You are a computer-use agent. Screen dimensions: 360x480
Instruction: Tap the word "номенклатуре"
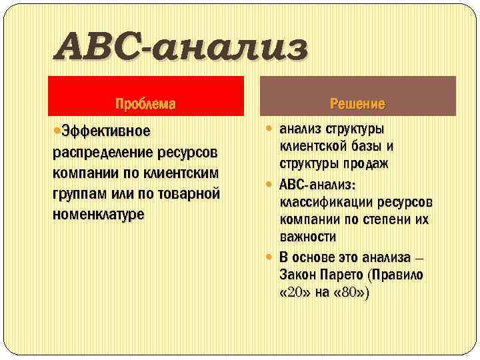coord(97,216)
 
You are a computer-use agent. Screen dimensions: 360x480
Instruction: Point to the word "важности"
coord(307,237)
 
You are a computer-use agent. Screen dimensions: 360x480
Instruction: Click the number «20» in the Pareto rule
coord(294,293)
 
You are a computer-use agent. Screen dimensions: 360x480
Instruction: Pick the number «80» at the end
coord(350,293)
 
